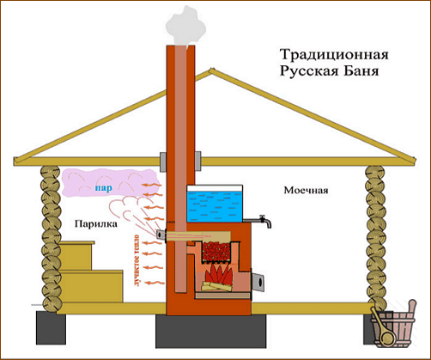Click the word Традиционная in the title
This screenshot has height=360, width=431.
[x=334, y=55]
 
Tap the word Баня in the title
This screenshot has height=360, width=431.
[x=361, y=70]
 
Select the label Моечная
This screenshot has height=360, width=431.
[x=306, y=190]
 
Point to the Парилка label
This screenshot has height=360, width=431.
[x=95, y=223]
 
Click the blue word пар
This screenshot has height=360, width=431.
[x=104, y=188]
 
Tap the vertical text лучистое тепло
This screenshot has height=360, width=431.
[x=137, y=260]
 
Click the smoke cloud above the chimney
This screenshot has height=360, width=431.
[x=186, y=27]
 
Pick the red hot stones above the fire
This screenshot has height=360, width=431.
[x=216, y=251]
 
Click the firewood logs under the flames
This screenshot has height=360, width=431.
[x=217, y=286]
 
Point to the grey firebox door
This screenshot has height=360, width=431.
[x=258, y=281]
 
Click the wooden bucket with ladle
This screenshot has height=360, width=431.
[x=393, y=325]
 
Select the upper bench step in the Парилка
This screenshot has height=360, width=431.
[x=76, y=255]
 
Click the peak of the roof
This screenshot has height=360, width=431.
[x=211, y=69]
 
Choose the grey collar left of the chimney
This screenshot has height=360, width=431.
[x=163, y=162]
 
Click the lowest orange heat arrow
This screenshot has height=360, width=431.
[x=154, y=283]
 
